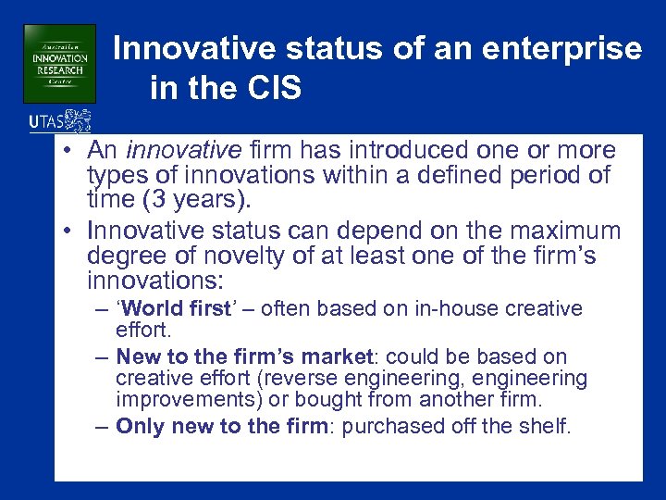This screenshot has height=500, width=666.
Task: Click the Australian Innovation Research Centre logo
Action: pos(59,63)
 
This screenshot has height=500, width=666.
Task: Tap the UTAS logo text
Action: pos(47,120)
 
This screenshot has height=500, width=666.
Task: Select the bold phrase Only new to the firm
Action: pos(218,426)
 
